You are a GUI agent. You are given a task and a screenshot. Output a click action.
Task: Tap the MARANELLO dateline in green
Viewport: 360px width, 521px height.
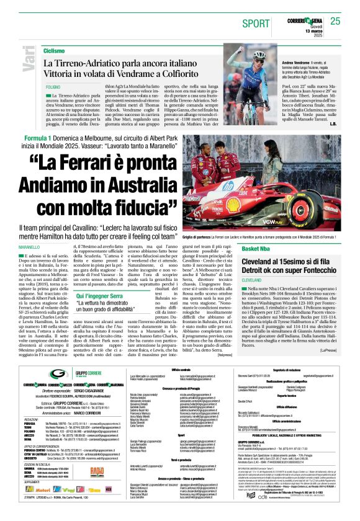[x=33, y=247]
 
